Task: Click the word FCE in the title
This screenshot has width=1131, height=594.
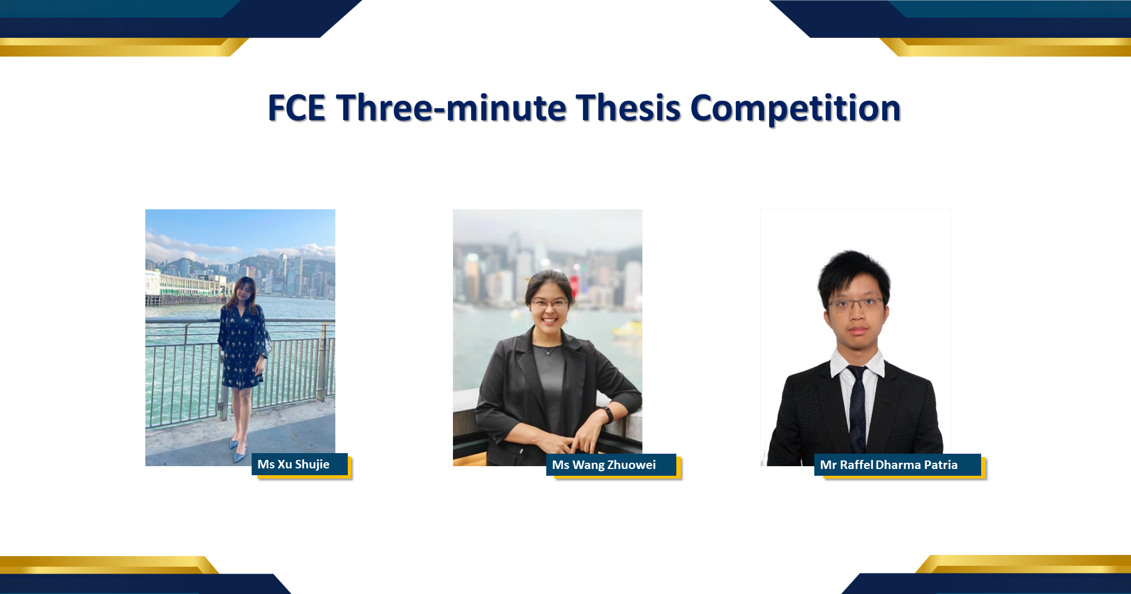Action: click(297, 108)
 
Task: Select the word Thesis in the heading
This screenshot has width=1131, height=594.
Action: click(628, 108)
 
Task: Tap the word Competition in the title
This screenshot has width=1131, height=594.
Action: click(795, 108)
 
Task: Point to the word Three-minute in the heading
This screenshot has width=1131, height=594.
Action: click(451, 108)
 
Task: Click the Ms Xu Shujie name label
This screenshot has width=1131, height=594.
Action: click(300, 464)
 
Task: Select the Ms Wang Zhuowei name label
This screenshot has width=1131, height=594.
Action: click(611, 465)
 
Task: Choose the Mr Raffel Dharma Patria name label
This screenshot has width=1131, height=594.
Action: click(897, 465)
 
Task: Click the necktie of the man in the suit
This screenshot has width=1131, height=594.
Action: click(857, 407)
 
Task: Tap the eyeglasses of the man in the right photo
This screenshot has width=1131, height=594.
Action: click(856, 305)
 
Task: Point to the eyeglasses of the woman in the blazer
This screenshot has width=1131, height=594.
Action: click(549, 304)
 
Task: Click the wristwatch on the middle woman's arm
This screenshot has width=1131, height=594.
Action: click(608, 414)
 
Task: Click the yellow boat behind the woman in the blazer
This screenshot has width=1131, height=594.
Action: click(628, 329)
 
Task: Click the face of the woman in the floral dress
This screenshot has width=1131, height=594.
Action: click(244, 291)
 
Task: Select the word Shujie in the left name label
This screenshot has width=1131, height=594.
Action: click(312, 464)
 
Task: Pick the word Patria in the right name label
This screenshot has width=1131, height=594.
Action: click(940, 465)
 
